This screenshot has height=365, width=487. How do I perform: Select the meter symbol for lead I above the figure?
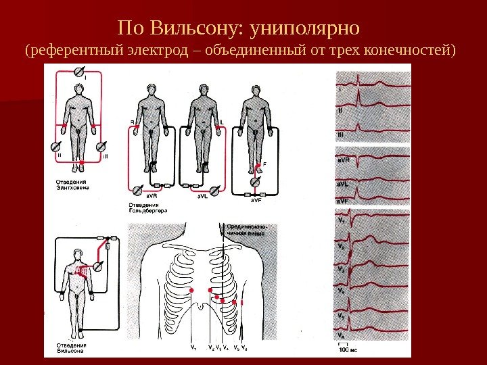pos(78,70)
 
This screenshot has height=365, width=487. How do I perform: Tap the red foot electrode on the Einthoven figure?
pos(81,163)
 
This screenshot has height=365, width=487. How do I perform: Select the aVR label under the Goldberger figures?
pos(143,197)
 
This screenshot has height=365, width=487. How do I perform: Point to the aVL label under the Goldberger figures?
pos(202,197)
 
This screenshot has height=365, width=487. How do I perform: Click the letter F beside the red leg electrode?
pos(264,163)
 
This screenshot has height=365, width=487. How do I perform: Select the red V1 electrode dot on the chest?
pos(191,291)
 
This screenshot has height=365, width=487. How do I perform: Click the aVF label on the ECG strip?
pos(343,201)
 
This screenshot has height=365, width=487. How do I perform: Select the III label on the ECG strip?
pos(340,135)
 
